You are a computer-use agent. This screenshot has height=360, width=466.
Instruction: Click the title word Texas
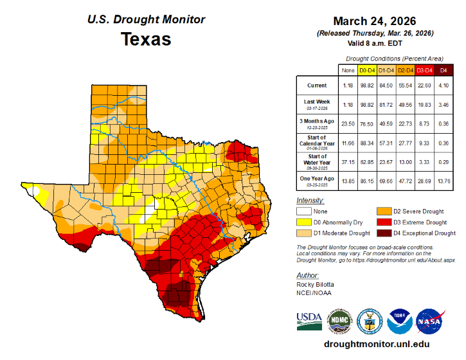coord(146,39)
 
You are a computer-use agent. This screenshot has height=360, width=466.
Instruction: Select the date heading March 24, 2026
coord(375,21)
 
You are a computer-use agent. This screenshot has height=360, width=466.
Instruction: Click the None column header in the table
coord(348,69)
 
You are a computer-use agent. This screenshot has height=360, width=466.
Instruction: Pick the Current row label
coord(316,85)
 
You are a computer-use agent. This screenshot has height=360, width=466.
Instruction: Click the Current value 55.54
coord(405,85)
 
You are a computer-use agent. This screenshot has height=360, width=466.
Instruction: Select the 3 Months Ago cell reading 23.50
coord(348,122)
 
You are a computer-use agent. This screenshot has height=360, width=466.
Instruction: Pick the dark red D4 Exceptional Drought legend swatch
coord(383,232)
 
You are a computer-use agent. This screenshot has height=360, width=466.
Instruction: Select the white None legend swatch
coord(304,210)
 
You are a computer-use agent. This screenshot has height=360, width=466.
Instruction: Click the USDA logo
coord(309,320)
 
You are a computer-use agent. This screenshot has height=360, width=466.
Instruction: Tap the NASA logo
coord(429,320)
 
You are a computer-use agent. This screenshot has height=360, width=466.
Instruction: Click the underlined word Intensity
coord(310,201)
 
